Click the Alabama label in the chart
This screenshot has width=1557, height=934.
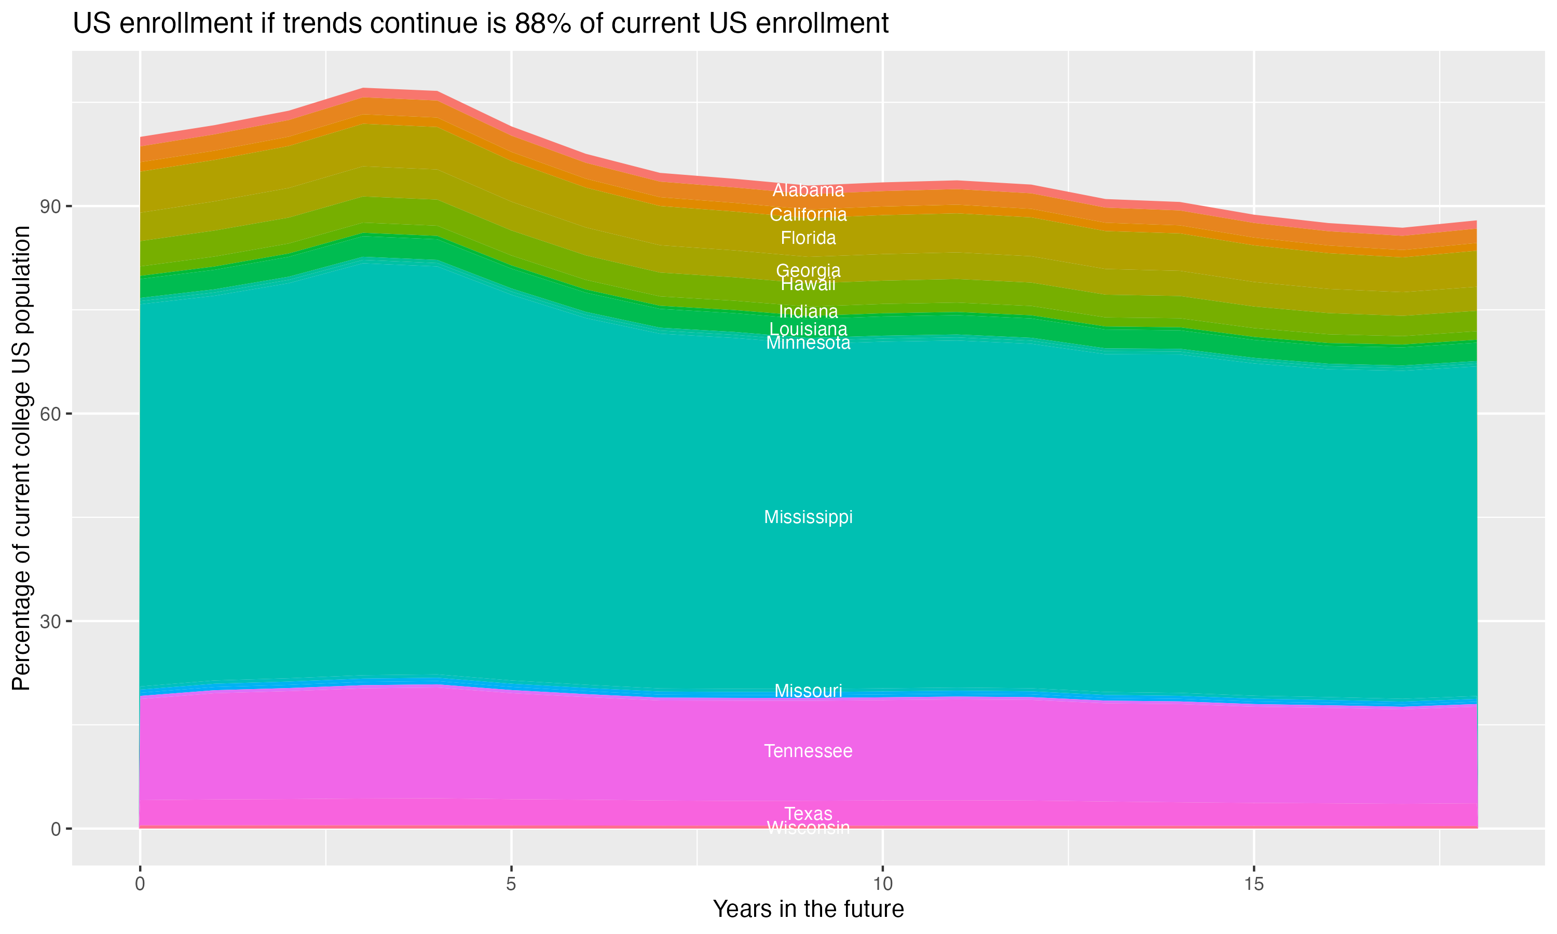(808, 190)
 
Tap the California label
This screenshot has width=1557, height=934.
(808, 215)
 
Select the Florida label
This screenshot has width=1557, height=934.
(808, 238)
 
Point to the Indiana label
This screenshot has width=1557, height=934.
(808, 311)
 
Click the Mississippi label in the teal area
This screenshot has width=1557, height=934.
(808, 517)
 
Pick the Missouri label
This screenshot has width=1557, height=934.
(808, 691)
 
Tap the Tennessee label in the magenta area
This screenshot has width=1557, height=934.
(808, 751)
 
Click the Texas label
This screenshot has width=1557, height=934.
(808, 813)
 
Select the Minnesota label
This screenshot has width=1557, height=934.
(808, 344)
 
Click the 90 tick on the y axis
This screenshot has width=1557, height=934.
(50, 207)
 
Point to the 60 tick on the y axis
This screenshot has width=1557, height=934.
(50, 414)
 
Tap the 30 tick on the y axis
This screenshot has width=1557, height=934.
(50, 622)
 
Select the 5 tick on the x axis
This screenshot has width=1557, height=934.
(511, 884)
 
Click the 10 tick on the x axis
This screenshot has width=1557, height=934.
(882, 884)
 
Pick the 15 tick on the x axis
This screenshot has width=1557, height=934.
(1254, 884)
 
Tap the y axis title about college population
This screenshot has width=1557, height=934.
(21, 458)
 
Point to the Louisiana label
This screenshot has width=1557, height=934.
(808, 329)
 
